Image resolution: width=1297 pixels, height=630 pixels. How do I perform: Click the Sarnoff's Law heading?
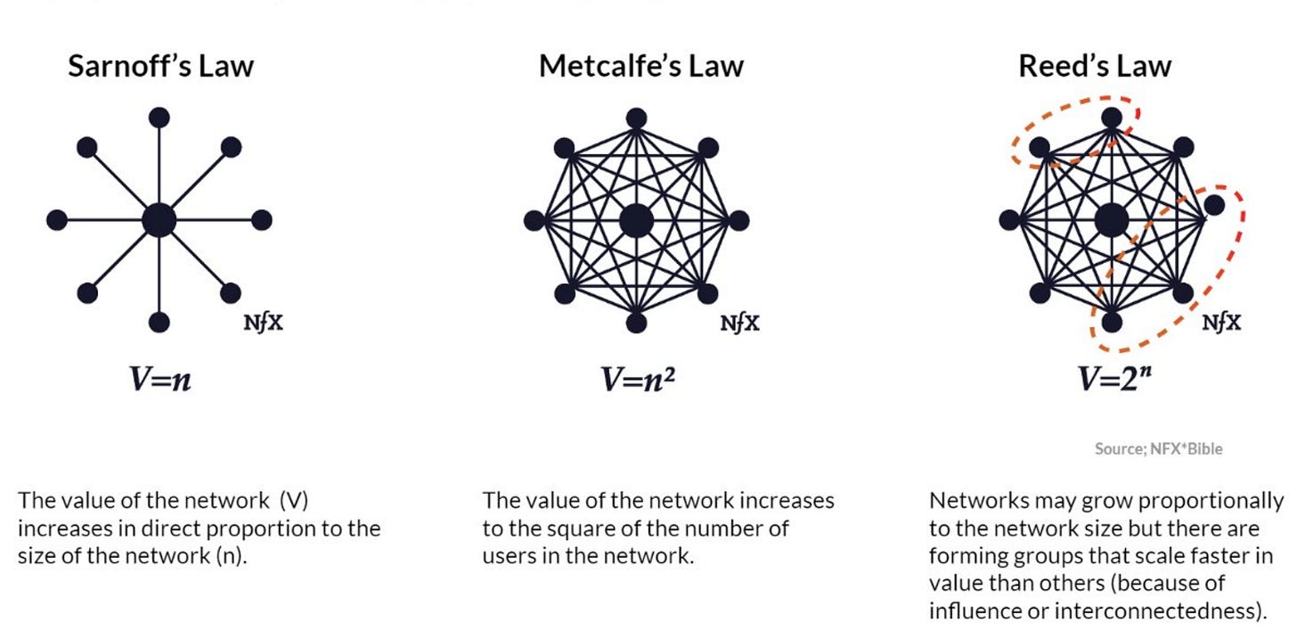click(x=160, y=66)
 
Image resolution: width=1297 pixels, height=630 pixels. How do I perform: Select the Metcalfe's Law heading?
click(x=641, y=66)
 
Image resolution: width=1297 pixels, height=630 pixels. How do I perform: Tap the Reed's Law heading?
click(x=1095, y=66)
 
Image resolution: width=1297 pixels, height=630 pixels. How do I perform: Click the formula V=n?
click(x=160, y=380)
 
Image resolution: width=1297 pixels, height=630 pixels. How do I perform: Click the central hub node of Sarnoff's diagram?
click(x=159, y=219)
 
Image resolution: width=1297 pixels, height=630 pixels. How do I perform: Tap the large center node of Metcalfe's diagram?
click(x=636, y=220)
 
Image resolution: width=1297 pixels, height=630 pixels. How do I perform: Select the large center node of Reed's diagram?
click(x=1110, y=220)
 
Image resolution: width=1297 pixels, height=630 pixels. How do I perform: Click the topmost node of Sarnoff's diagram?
click(x=159, y=117)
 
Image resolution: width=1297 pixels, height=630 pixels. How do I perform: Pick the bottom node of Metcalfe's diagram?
click(x=636, y=323)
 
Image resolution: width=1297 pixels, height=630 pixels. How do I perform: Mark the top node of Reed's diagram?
click(x=1111, y=118)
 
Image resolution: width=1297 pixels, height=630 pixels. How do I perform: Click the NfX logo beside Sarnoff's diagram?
click(x=264, y=323)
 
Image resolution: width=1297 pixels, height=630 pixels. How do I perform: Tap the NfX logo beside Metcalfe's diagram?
click(x=740, y=323)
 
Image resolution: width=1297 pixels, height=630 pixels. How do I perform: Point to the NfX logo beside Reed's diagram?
click(x=1221, y=323)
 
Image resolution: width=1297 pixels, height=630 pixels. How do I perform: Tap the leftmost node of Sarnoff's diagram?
click(x=57, y=219)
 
